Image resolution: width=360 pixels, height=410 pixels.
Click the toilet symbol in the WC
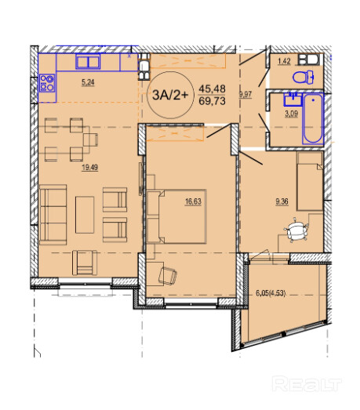304,77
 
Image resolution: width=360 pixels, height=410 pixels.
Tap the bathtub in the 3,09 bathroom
313,118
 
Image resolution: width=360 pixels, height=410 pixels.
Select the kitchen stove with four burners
47,83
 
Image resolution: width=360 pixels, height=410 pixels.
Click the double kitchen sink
88,62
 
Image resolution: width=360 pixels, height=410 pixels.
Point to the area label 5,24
88,82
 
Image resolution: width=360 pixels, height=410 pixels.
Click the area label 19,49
89,167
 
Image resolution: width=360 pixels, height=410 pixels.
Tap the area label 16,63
193,201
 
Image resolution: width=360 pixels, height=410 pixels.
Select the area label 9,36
282,201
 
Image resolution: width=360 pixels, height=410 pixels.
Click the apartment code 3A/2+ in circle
170,95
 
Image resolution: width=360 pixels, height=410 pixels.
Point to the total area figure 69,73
212,100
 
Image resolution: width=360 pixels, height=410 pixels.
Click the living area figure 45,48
212,89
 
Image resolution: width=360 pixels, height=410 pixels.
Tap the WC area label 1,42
284,61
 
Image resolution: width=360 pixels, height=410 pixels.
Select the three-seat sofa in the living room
53,215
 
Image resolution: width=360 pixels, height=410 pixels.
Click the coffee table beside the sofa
85,215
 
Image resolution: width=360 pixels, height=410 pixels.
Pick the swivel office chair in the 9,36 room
296,230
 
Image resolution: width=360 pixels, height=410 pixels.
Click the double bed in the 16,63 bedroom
176,216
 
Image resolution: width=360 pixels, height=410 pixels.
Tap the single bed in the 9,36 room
310,181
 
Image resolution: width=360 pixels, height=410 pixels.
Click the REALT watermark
307,384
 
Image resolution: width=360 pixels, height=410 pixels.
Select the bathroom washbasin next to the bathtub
293,100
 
